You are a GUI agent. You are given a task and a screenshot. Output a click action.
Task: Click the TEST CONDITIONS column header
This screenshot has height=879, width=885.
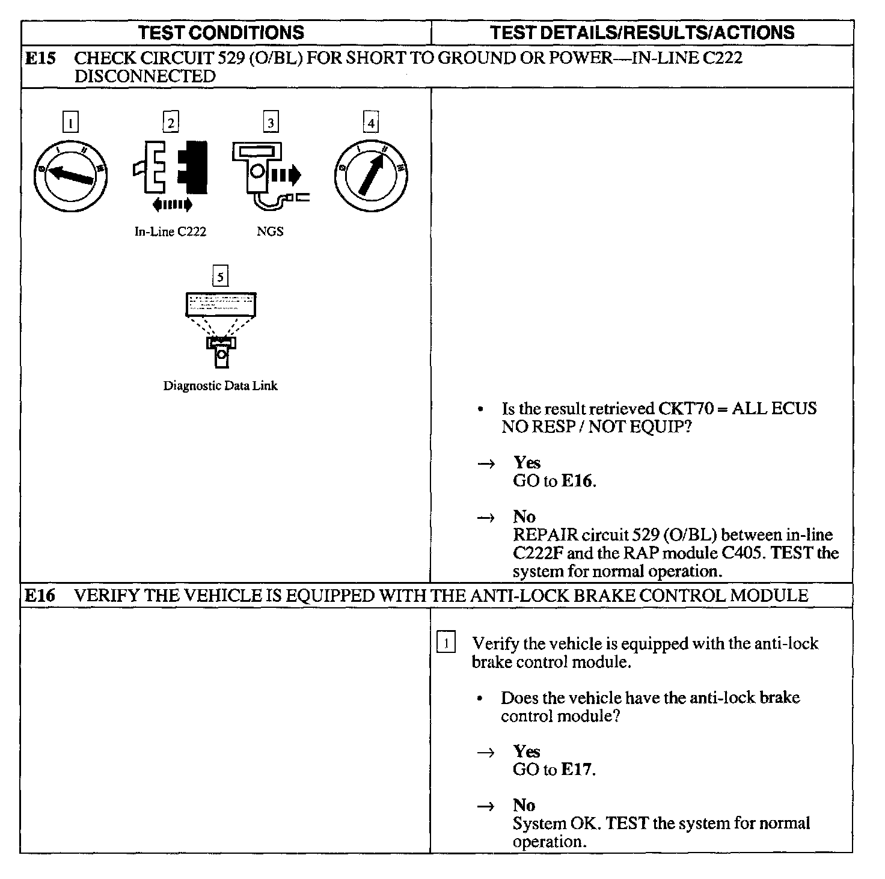coord(221,32)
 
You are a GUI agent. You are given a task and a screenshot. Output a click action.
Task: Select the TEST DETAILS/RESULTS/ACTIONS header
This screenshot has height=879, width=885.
coord(642,32)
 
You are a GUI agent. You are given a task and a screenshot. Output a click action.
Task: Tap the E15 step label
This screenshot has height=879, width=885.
coord(40,58)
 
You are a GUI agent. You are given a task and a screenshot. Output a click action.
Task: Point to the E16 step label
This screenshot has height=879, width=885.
coord(40,595)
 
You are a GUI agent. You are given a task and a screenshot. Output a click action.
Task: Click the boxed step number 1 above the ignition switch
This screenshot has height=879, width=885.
coord(70,123)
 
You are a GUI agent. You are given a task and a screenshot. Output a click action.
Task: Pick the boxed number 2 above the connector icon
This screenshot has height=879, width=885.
coord(171,123)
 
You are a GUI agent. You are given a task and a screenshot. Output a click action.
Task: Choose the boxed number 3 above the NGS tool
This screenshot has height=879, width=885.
coord(271,123)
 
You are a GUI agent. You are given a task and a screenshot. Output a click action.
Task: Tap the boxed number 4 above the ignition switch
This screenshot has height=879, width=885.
coord(371,123)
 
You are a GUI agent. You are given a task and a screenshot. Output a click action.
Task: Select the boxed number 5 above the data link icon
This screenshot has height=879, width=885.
coord(221,277)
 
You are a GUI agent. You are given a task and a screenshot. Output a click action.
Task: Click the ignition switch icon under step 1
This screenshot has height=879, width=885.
coord(70,175)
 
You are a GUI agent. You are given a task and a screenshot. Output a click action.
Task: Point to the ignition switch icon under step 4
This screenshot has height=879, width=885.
coord(371,175)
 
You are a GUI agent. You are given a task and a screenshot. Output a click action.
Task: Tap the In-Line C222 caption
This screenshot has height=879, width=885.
coord(170,232)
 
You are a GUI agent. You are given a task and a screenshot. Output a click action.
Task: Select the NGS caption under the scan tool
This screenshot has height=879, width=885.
coord(270,232)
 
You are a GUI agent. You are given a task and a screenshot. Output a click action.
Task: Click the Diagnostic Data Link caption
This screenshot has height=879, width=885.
coord(221,386)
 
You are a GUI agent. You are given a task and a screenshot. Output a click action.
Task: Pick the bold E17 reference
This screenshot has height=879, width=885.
coord(577,770)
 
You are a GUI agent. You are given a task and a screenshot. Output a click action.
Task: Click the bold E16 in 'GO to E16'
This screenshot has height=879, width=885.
coord(577,481)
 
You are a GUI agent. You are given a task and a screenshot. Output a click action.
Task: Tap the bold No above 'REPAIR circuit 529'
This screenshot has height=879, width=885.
coord(524,516)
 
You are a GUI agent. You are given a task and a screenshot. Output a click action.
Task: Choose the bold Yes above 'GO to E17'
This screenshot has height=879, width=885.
coord(527,752)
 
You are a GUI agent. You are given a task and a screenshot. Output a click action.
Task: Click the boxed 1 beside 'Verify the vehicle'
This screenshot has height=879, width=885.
coord(446,643)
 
